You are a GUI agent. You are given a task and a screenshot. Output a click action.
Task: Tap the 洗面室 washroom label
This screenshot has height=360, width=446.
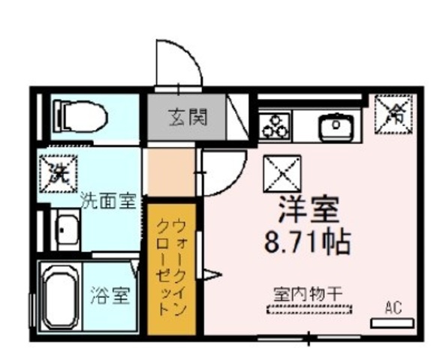[107, 201]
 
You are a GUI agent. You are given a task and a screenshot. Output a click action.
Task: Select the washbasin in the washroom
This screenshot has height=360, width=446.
[68, 228]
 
